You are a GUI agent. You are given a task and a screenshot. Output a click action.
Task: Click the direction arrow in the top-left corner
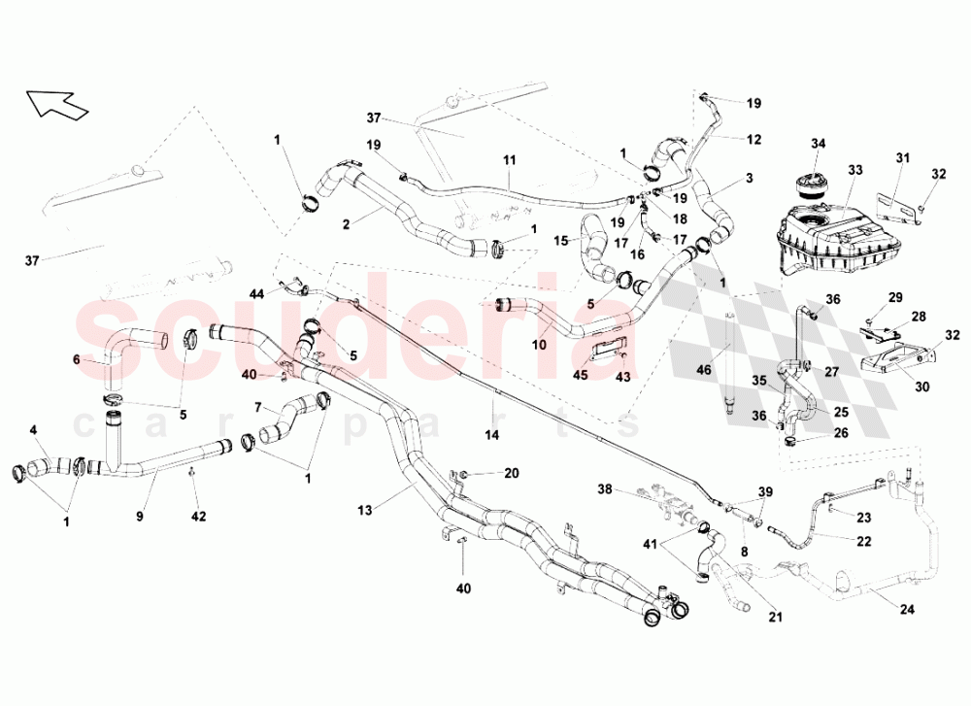[x=55, y=103]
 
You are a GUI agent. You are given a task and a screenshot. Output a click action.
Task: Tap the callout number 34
[x=818, y=144]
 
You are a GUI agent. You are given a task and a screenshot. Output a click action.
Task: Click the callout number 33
[x=854, y=170]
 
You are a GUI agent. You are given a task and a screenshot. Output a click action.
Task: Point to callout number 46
[x=704, y=370]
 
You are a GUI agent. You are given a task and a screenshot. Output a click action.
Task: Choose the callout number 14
[x=491, y=435]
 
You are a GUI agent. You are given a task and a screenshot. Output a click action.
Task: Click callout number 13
[x=365, y=510]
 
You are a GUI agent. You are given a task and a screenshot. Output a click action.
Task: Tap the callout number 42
[x=198, y=516]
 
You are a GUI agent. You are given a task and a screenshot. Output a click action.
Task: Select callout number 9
[x=140, y=516]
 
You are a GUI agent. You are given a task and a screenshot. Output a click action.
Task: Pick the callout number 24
[x=907, y=610]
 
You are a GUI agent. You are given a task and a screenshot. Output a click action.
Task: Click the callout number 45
[x=581, y=376]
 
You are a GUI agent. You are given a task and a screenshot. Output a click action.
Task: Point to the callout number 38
[x=604, y=489]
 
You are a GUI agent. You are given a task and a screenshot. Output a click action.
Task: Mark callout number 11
[x=509, y=160]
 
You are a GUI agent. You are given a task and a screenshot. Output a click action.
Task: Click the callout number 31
[x=903, y=158]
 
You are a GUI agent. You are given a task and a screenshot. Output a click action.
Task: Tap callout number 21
[x=775, y=617]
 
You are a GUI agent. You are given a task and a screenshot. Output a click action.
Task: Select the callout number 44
[x=257, y=293]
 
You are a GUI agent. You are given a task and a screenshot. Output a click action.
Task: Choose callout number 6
[x=76, y=360]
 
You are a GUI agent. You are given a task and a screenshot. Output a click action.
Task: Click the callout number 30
[x=922, y=387]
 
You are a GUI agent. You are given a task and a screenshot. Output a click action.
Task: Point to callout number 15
[x=561, y=240]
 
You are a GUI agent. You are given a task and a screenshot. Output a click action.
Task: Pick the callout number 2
[x=347, y=224]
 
